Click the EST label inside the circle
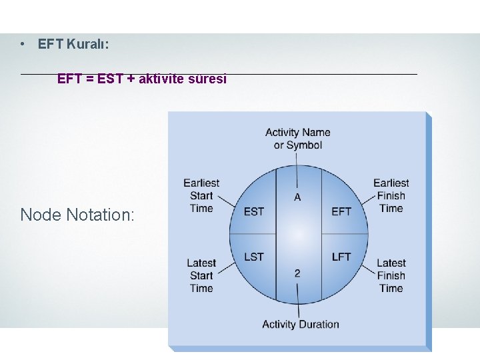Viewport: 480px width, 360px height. pos(254,211)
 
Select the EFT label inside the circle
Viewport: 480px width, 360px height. pos(341,211)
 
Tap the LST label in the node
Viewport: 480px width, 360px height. pos(254,257)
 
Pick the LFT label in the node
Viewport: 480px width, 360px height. pos(341,257)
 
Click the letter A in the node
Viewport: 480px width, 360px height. pos(297,197)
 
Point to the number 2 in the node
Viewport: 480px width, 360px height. pos(297,273)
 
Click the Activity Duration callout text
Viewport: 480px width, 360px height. pos(300,325)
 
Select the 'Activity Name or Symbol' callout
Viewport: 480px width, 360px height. pos(298,139)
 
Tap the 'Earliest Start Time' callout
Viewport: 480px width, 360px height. pos(201,195)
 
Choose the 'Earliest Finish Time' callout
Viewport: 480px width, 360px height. pos(391,195)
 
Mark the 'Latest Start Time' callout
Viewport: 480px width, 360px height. pos(201,275)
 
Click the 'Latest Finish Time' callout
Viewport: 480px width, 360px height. pos(391,275)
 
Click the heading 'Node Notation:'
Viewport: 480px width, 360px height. pos(77,215)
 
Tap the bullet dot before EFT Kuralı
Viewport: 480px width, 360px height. pos(23,44)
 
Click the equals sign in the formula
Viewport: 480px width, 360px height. pos(89,79)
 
